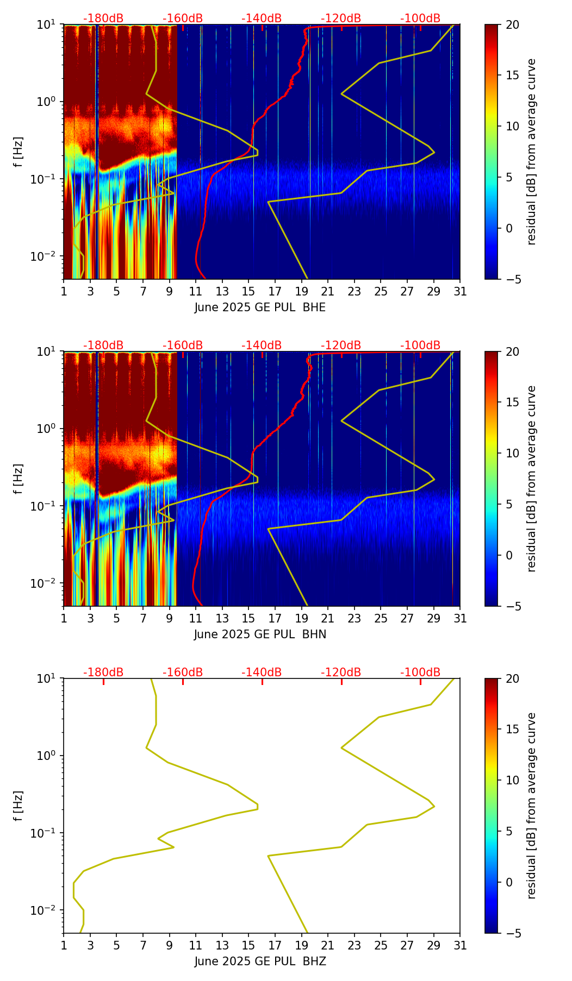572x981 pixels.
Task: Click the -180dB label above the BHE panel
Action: point(103,18)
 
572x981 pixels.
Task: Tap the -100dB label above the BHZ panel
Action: point(420,672)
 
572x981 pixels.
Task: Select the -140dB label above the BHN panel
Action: point(262,345)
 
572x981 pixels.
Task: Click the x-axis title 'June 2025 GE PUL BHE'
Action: point(260,307)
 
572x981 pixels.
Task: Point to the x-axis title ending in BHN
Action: point(260,634)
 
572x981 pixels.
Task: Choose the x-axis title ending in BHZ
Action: point(260,961)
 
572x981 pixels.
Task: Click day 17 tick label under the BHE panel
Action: point(275,291)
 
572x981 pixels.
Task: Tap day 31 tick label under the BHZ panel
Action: point(460,945)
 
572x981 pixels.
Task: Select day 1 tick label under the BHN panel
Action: point(64,618)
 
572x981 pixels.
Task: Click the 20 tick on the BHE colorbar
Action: point(512,24)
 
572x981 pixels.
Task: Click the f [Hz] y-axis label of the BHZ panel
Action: point(18,806)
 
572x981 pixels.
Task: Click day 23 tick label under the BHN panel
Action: point(354,618)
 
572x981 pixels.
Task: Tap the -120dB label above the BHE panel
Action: point(341,18)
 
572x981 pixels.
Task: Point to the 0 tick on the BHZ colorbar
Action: point(509,882)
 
